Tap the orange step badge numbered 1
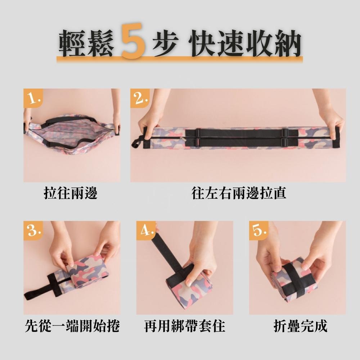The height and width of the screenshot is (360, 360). point(33,98)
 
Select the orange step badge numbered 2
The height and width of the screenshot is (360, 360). point(140,98)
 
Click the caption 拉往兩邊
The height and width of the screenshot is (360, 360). point(71,193)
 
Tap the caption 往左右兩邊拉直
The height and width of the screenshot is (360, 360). point(239,193)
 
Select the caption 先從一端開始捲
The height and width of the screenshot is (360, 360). point(72,326)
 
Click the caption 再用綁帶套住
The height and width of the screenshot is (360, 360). point(185,326)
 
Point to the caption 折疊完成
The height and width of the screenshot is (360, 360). point(301,326)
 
